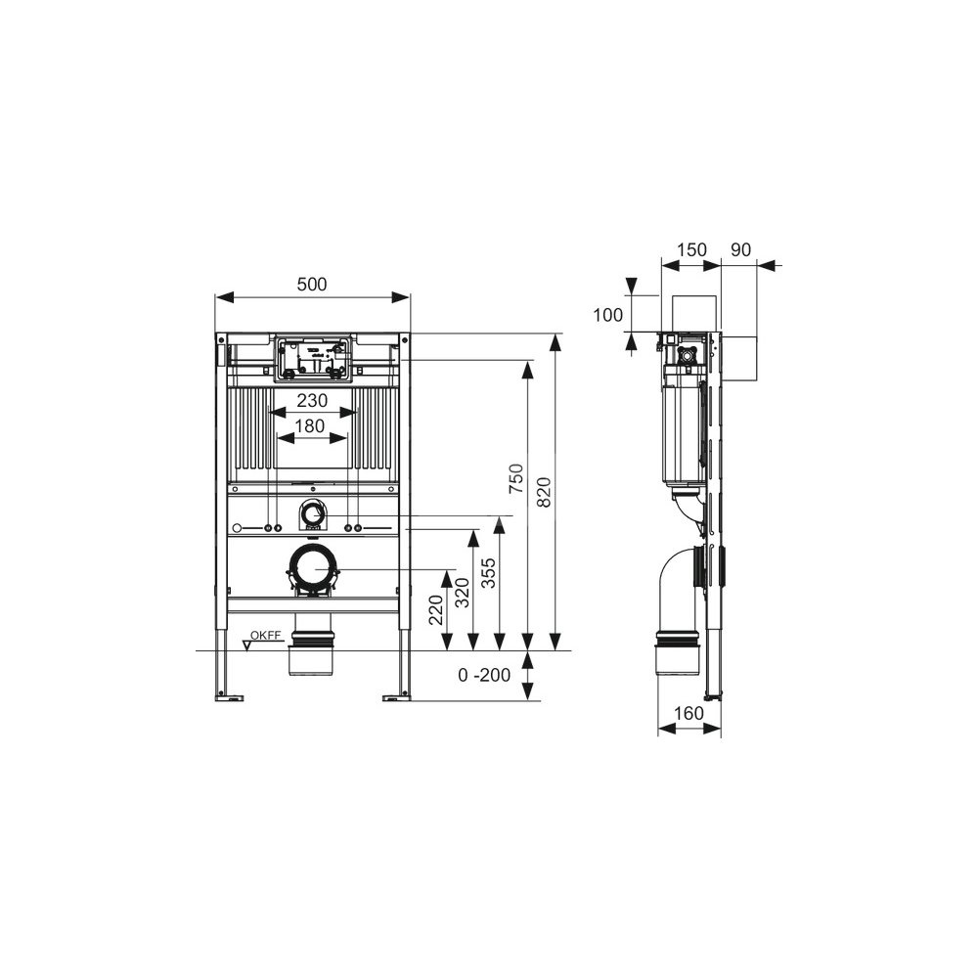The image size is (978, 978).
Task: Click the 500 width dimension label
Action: pos(312,285)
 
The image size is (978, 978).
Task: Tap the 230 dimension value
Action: pos(312,400)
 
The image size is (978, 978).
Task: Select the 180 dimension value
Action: pos(310,426)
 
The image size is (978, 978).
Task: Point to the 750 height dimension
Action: pos(516,478)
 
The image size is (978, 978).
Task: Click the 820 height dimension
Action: pos(544,492)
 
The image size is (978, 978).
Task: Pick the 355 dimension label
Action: pos(489,572)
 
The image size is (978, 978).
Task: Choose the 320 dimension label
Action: pos(463,593)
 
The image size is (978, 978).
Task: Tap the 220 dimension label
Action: pos(435,610)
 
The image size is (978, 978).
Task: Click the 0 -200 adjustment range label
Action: pos(484,675)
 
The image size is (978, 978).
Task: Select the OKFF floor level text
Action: pos(266,636)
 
